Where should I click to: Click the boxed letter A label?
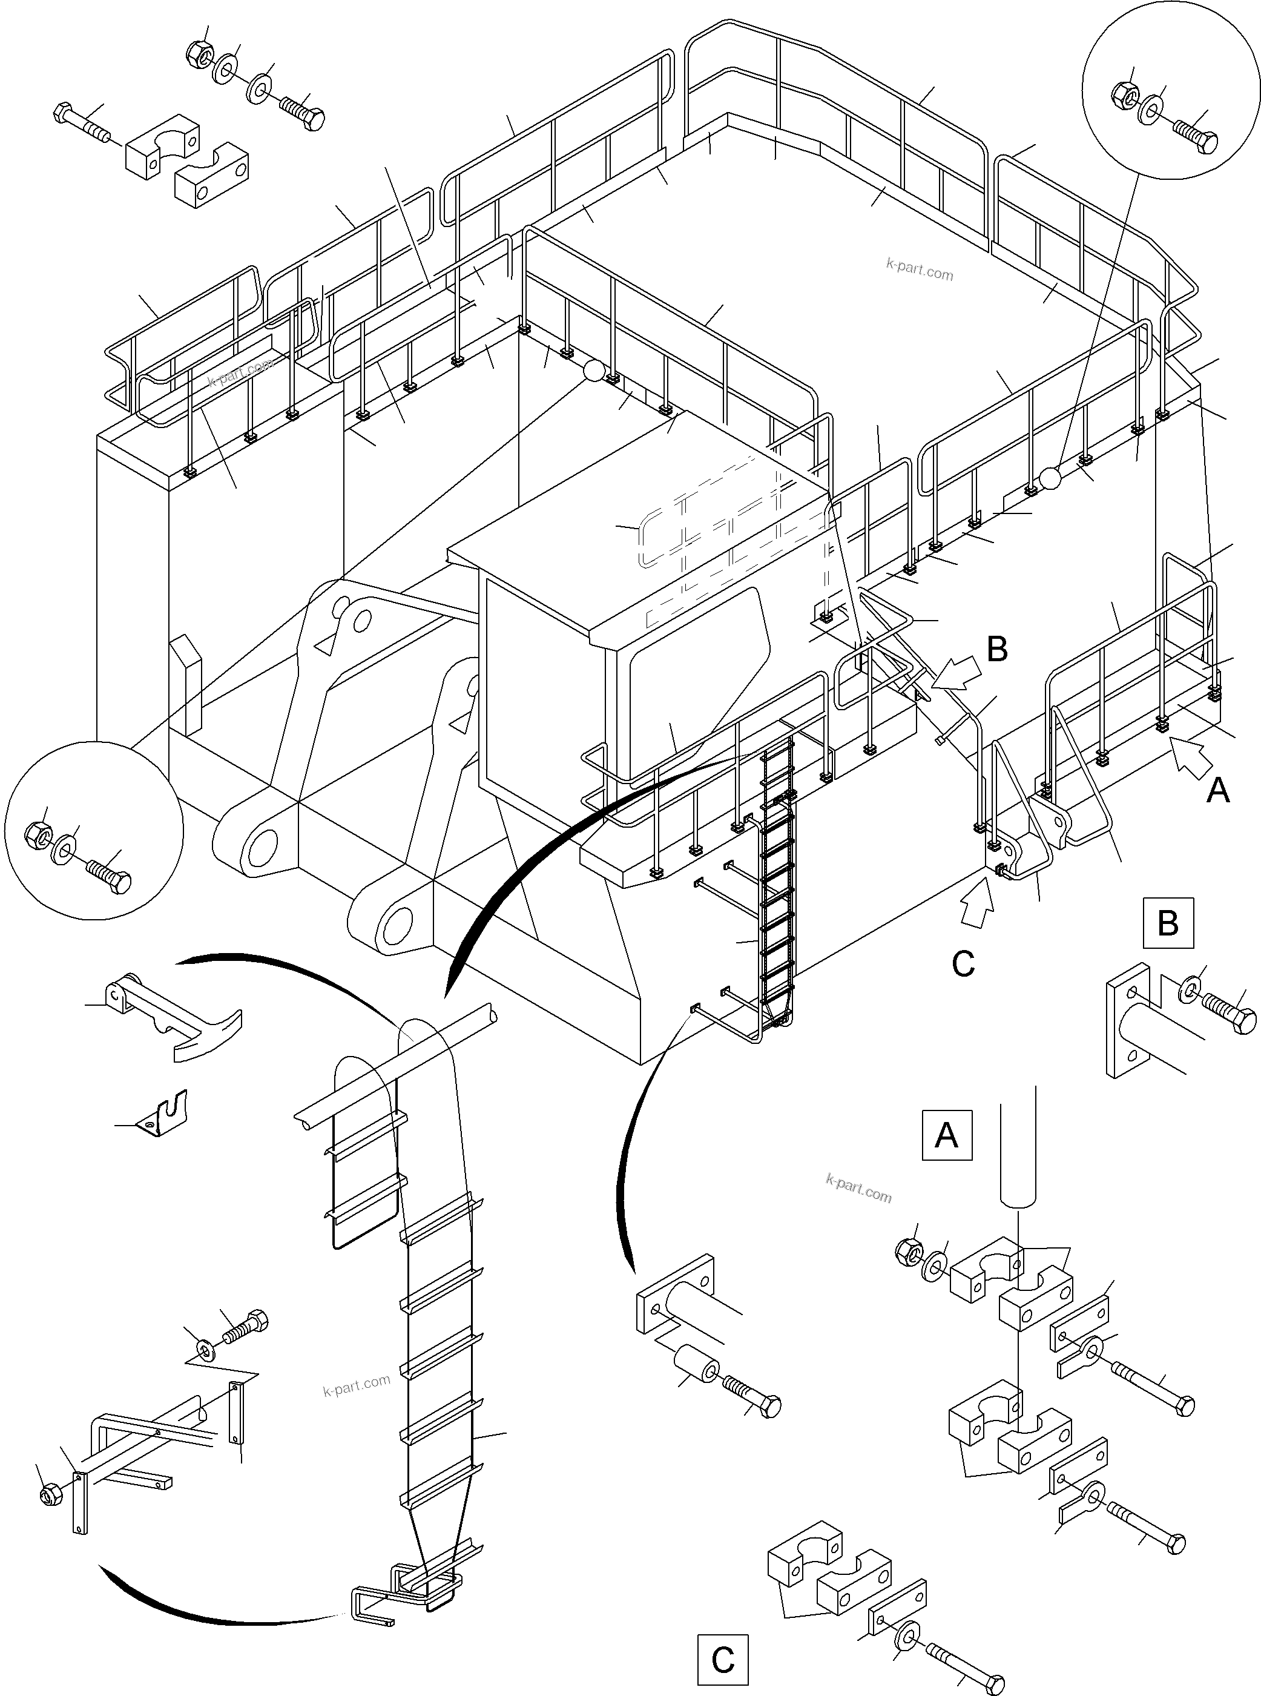[947, 1135]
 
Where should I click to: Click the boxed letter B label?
[1168, 923]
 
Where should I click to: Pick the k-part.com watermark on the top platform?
[919, 269]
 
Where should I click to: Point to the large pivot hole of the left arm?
[262, 847]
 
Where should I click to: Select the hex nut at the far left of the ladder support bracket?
[47, 1494]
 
